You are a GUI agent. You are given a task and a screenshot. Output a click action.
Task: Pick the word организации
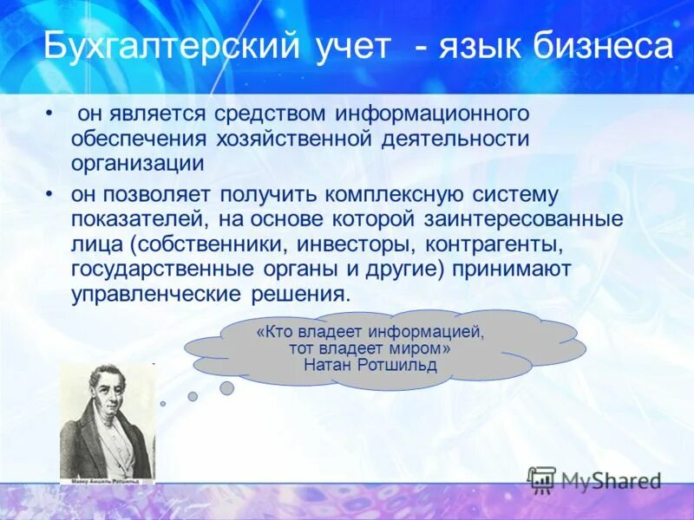click(x=137, y=162)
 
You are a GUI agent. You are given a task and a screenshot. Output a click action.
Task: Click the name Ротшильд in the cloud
click(x=400, y=365)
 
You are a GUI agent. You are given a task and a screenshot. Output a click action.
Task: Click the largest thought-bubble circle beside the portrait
click(x=226, y=388)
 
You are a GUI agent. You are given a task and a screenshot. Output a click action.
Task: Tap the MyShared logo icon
click(x=541, y=478)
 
